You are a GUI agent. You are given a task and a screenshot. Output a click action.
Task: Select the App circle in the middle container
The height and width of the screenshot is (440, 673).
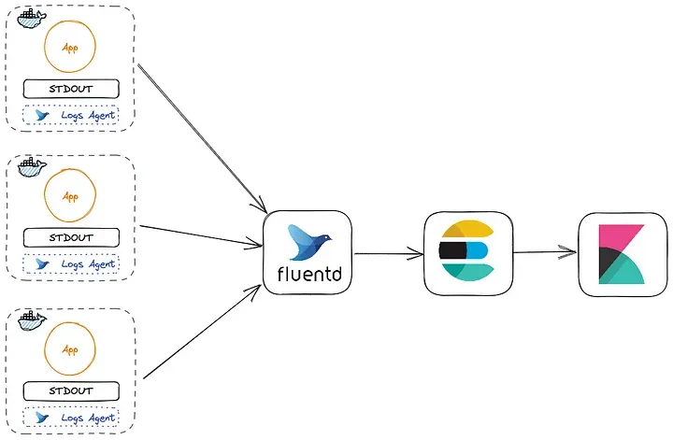pos(70,197)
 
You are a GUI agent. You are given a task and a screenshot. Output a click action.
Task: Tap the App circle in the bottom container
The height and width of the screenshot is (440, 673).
pos(70,349)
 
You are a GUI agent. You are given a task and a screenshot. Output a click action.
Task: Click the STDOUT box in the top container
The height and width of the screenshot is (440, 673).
pos(72,90)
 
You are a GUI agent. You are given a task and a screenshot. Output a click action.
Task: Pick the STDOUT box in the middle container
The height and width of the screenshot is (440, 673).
pos(72,237)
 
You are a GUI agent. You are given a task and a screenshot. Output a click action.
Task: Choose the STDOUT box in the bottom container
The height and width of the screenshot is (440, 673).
pos(72,390)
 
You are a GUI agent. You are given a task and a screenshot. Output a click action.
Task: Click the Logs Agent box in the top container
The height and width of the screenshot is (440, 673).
pos(72,117)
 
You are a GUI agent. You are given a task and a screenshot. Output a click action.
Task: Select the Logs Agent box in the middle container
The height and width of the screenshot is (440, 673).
pos(72,264)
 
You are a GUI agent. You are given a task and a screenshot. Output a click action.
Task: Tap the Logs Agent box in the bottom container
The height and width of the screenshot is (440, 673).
pos(72,417)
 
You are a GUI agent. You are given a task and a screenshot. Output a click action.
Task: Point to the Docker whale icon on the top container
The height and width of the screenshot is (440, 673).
pos(31,17)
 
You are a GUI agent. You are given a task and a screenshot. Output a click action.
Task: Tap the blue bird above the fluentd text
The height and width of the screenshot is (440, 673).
pos(308,241)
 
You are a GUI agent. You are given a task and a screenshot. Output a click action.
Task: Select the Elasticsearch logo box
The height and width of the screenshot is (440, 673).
pos(465,251)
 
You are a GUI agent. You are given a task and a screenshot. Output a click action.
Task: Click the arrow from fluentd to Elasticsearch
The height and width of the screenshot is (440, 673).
pos(389,252)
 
